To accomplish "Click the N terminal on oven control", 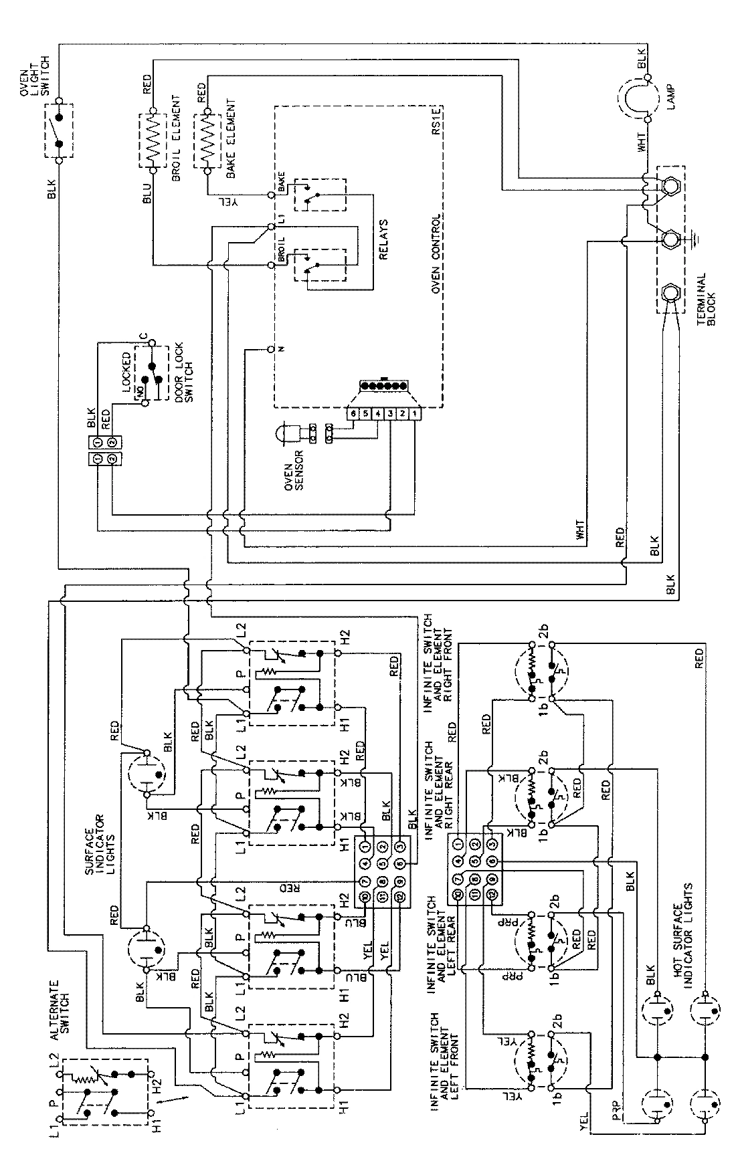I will (272, 349).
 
